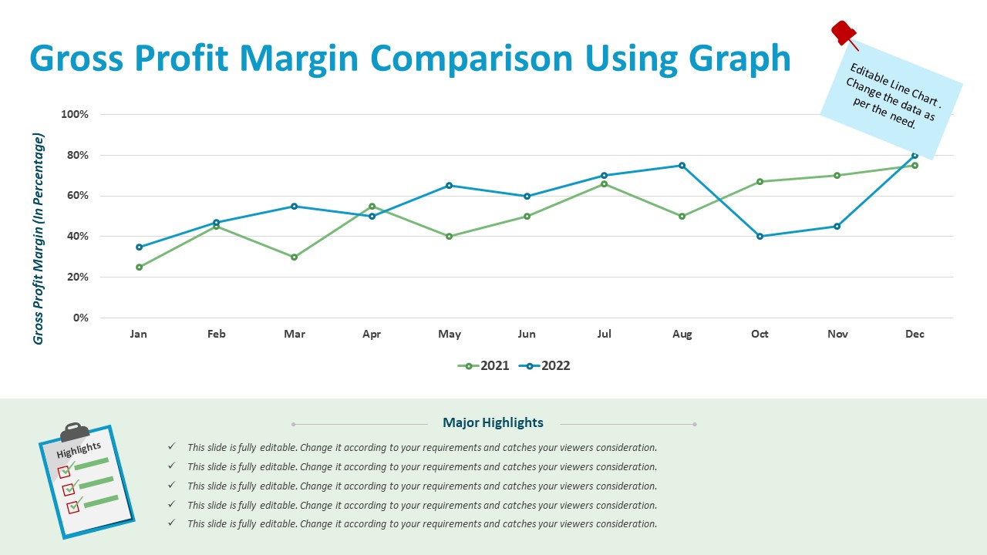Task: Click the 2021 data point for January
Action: [x=139, y=267]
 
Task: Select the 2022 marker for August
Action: [x=682, y=166]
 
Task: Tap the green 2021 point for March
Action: [x=294, y=257]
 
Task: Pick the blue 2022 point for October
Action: [x=760, y=237]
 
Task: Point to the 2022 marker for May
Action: [x=450, y=186]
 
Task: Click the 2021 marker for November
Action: [x=837, y=176]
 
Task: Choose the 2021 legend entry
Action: [x=483, y=366]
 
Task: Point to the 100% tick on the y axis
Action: [x=75, y=115]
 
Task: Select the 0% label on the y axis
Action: [x=80, y=318]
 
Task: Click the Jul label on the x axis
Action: [x=605, y=335]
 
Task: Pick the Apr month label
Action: [x=372, y=335]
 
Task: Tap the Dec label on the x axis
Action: [x=915, y=335]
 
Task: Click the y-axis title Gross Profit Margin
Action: [x=39, y=239]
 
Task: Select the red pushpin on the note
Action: [x=843, y=33]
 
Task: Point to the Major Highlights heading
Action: [x=493, y=422]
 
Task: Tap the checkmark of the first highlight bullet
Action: [x=171, y=447]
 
